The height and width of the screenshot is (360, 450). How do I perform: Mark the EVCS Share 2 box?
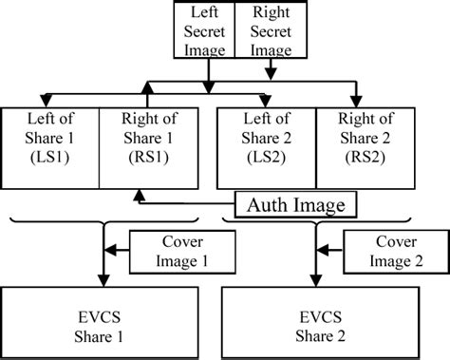click(x=326, y=322)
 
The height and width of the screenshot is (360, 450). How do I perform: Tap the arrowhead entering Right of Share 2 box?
click(x=358, y=102)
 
